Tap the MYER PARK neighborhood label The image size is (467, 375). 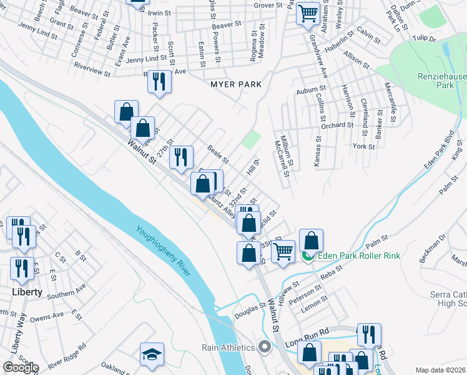(x=235, y=84)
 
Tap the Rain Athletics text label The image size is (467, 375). (x=228, y=347)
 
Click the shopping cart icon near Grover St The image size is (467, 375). (x=308, y=12)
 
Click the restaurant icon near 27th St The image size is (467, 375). (x=181, y=158)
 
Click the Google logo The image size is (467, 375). (x=20, y=367)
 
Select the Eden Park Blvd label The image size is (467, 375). (x=440, y=153)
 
